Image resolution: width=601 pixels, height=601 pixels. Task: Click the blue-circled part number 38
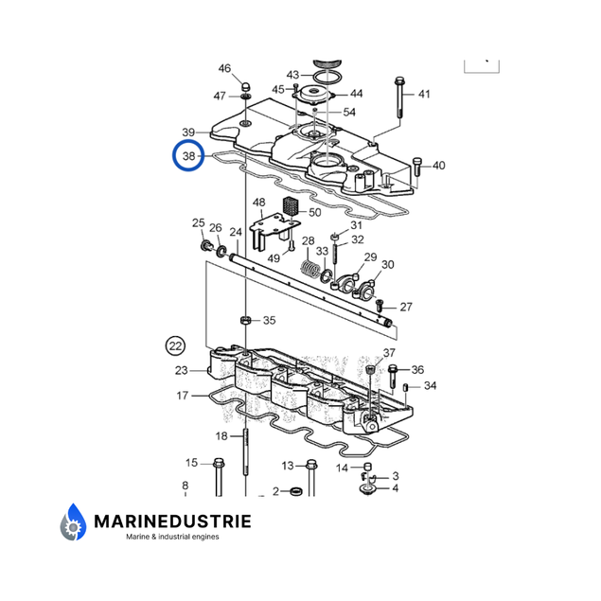pyautogui.click(x=188, y=156)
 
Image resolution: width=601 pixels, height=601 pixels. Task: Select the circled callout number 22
pyautogui.click(x=175, y=345)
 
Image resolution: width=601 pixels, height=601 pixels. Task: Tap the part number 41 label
pyautogui.click(x=424, y=94)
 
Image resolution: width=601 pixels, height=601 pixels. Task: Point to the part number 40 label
pyautogui.click(x=438, y=167)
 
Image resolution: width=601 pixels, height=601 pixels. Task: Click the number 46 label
pyautogui.click(x=224, y=68)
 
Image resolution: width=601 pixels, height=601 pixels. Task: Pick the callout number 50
pyautogui.click(x=314, y=212)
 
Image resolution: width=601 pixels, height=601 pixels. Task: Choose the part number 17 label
pyautogui.click(x=182, y=396)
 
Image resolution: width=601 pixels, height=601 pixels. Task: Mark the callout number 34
pyautogui.click(x=430, y=386)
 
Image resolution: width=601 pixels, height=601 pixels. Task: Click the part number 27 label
pyautogui.click(x=405, y=307)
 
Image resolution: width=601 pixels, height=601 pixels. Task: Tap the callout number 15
pyautogui.click(x=191, y=463)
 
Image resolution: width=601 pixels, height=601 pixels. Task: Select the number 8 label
pyautogui.click(x=185, y=486)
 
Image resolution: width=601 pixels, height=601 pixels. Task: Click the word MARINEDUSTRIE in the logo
pyautogui.click(x=171, y=521)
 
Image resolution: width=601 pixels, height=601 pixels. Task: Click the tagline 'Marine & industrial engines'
pyautogui.click(x=172, y=538)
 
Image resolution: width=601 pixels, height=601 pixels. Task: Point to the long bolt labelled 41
pyautogui.click(x=398, y=104)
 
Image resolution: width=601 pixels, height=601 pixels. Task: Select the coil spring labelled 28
pyautogui.click(x=309, y=269)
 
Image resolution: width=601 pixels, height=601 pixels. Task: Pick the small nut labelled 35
pyautogui.click(x=246, y=321)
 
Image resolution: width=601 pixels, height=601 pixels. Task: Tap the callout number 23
pyautogui.click(x=182, y=370)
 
